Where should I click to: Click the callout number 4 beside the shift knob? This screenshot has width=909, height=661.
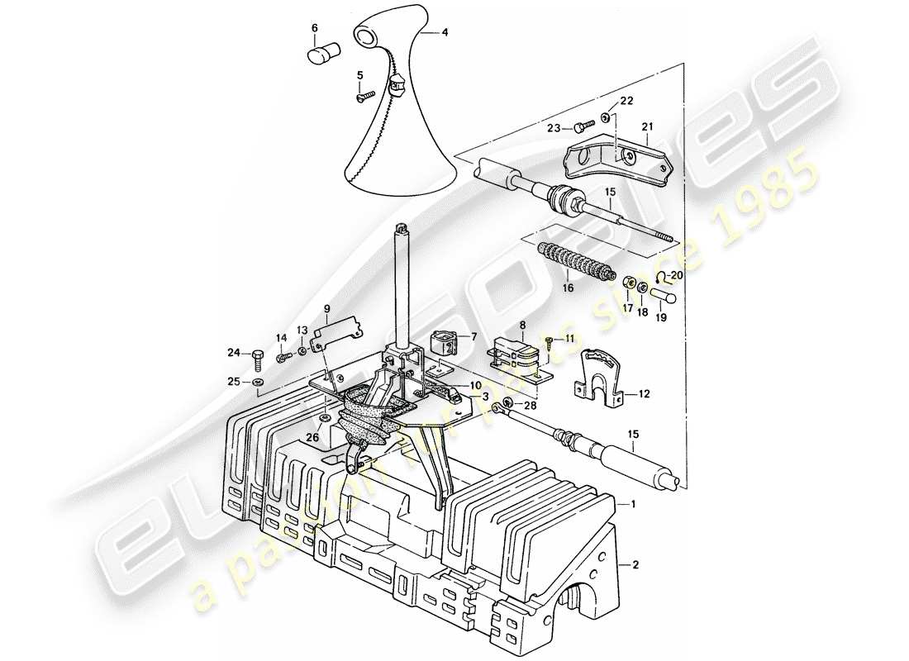click(x=445, y=33)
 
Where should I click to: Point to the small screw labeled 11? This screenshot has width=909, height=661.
click(x=549, y=340)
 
